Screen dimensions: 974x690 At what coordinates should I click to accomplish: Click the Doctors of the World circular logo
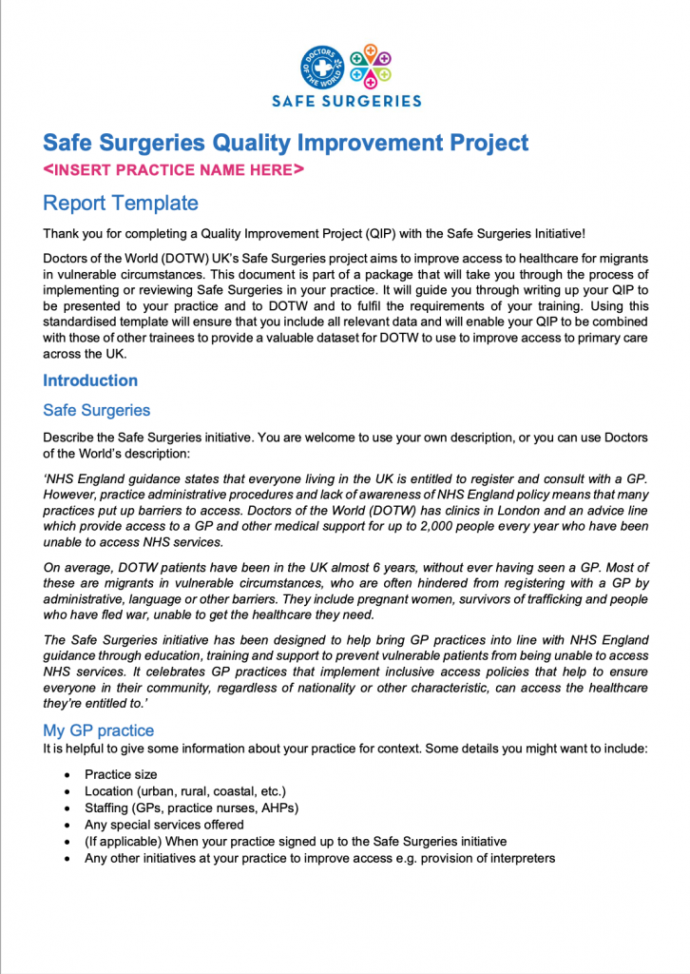pyautogui.click(x=323, y=68)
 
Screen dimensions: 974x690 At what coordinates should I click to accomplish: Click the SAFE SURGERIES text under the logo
pyautogui.click(x=347, y=101)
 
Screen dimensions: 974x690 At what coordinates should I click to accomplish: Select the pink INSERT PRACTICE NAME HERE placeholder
pyautogui.click(x=174, y=170)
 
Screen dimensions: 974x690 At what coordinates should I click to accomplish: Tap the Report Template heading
pyautogui.click(x=121, y=203)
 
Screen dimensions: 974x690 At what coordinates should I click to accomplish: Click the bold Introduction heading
pyautogui.click(x=90, y=380)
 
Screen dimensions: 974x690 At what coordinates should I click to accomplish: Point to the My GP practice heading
pyautogui.click(x=98, y=730)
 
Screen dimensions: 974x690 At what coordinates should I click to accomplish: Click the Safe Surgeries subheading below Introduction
pyautogui.click(x=96, y=411)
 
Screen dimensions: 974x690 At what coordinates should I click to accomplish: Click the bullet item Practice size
pyautogui.click(x=121, y=774)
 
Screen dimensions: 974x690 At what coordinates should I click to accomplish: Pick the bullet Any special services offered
pyautogui.click(x=163, y=825)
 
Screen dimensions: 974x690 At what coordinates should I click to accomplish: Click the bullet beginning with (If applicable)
pyautogui.click(x=295, y=842)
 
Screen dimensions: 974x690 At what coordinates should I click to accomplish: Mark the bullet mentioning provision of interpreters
pyautogui.click(x=319, y=858)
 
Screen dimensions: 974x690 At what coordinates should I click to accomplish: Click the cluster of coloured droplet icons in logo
pyautogui.click(x=370, y=66)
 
